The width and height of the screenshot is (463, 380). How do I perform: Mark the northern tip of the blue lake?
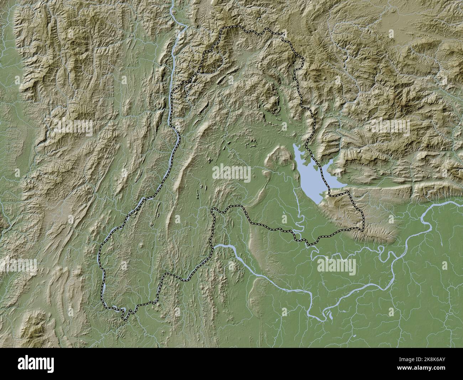coord(295,145)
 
